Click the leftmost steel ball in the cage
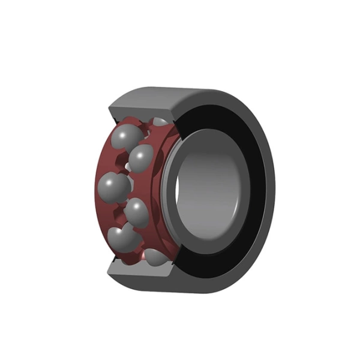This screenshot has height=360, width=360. [x=113, y=187]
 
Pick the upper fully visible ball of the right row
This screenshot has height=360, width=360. [x=142, y=157]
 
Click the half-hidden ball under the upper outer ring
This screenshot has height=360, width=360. [x=160, y=122]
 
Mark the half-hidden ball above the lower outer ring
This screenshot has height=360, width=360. [x=157, y=257]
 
